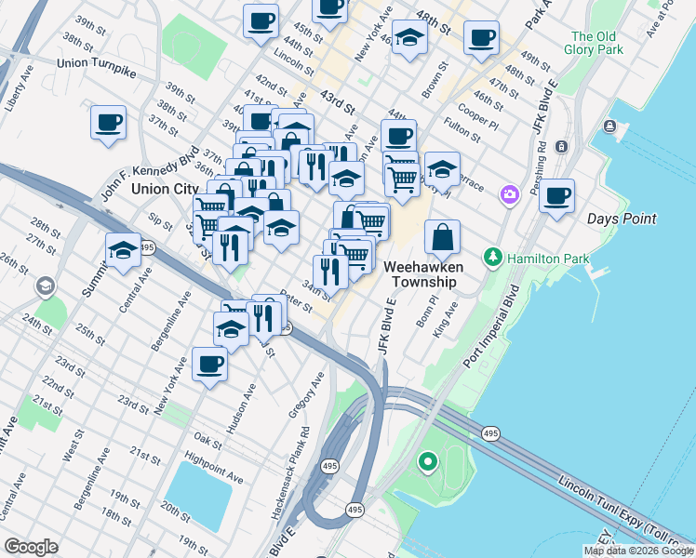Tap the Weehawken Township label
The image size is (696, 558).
point(420,273)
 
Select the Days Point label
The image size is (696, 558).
point(622,219)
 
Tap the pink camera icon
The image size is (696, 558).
point(510,194)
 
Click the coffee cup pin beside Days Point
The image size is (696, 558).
point(556,196)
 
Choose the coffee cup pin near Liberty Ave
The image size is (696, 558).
point(108,122)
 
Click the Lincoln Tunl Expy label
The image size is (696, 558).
point(610,506)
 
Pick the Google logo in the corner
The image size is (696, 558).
point(31,547)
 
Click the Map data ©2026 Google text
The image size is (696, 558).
point(637,551)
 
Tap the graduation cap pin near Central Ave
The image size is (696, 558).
point(122,251)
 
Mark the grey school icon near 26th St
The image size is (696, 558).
point(44,286)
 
